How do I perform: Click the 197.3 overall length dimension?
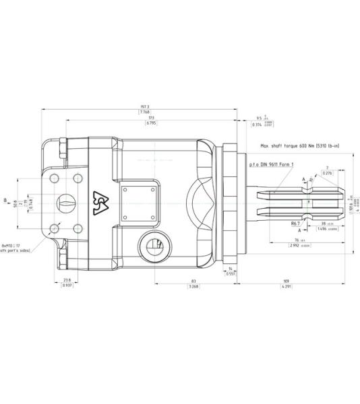[x=145, y=106]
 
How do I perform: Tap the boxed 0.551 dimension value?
[x=231, y=273]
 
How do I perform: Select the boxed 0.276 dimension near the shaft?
[x=328, y=174]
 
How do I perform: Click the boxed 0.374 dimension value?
[x=257, y=125]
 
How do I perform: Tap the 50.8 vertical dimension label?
[x=15, y=203]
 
